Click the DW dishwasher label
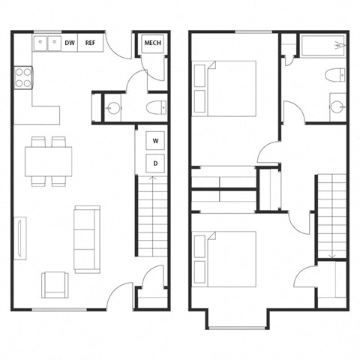tap(70, 43)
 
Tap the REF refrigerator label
tap(90, 43)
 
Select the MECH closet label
tap(153, 43)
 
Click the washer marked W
tap(155, 140)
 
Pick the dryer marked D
tap(155, 162)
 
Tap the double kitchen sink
tap(47, 43)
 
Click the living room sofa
tap(87, 238)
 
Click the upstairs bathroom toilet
tap(335, 75)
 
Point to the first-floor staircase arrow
tap(153, 178)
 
